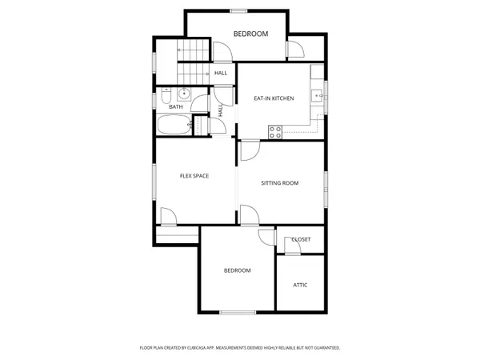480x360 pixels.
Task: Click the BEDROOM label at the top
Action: point(250,34)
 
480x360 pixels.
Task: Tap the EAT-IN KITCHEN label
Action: point(274,98)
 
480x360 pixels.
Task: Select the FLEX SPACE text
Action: point(194,176)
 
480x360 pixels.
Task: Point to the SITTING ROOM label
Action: point(280,183)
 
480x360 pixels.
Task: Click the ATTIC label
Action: point(300,285)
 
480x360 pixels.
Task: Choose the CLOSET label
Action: point(302,240)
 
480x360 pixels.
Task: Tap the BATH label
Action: point(176,106)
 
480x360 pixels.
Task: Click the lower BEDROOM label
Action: point(237,270)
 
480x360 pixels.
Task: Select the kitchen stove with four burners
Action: point(277,132)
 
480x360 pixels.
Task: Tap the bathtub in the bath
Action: point(173,126)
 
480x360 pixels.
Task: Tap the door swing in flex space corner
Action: point(168,217)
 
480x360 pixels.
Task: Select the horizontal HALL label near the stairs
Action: point(221,74)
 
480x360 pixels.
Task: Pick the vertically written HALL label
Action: point(220,110)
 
